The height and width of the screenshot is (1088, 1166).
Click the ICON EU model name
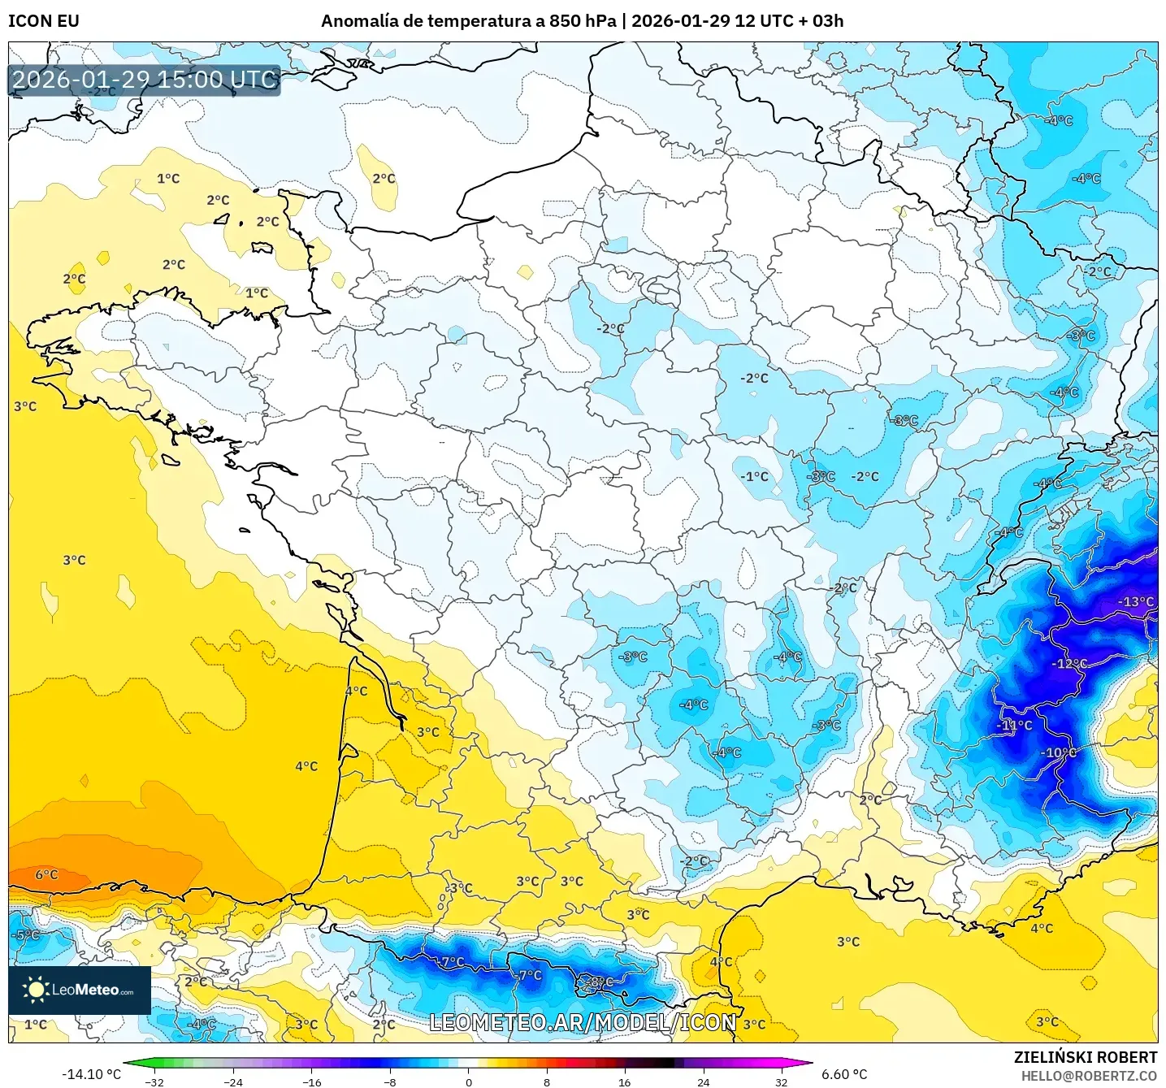[44, 21]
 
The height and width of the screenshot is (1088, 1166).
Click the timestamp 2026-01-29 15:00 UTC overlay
[145, 80]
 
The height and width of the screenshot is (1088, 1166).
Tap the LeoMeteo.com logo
[80, 990]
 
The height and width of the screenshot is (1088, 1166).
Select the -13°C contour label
[1135, 602]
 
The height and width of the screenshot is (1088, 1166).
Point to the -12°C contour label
[1069, 664]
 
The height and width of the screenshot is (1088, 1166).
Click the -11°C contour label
[1015, 726]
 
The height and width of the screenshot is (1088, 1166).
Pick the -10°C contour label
[1058, 753]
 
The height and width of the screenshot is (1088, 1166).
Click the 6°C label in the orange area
[46, 875]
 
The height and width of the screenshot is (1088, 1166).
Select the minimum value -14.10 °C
[91, 1074]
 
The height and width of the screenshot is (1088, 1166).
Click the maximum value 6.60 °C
[844, 1074]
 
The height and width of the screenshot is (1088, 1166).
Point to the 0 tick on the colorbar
[468, 1081]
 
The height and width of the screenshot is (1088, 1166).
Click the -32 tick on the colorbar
[154, 1081]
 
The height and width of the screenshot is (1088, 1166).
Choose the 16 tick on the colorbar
[624, 1081]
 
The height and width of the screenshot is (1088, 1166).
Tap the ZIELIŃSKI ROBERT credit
[1085, 1057]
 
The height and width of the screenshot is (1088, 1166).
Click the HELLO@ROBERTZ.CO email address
[1089, 1076]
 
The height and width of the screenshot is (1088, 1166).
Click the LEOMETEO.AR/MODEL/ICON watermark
[582, 1023]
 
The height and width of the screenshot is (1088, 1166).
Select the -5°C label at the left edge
[26, 935]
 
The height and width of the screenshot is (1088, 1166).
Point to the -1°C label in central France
[754, 477]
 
